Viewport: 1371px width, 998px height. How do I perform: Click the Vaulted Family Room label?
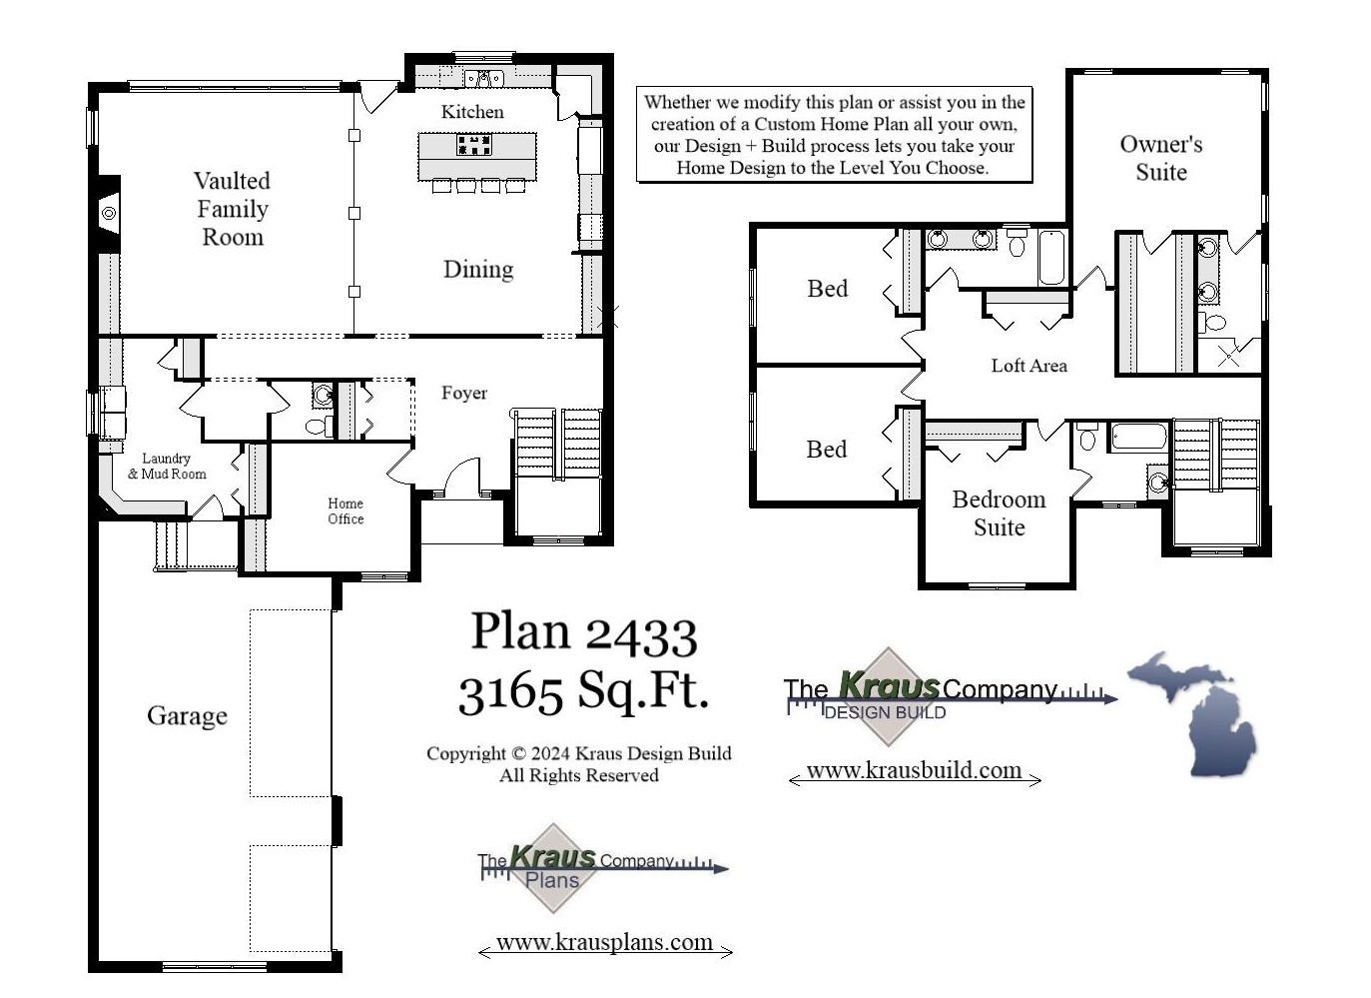232,209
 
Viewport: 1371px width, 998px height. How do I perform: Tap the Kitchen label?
472,112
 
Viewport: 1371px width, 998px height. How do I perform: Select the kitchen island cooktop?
474,145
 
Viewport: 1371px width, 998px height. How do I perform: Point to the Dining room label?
478,269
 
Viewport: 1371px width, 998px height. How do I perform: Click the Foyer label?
464,394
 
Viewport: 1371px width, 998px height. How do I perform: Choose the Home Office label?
345,510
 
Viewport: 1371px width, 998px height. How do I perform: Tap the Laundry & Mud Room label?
167,467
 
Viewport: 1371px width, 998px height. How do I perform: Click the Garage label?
187,715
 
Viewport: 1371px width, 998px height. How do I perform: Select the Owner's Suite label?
1160,158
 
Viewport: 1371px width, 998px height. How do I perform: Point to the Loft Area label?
1028,366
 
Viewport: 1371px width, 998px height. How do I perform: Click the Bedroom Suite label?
999,513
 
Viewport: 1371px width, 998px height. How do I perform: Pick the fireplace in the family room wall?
108,213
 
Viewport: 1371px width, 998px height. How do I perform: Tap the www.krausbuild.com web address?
914,770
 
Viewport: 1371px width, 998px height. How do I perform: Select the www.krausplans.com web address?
604,942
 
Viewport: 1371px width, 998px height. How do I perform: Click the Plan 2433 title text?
583,632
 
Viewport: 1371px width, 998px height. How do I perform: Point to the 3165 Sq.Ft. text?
583,690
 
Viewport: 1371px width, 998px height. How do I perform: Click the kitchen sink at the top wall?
484,78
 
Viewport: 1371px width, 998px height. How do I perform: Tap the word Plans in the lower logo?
552,880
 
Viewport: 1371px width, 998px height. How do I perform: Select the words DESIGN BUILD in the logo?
885,712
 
